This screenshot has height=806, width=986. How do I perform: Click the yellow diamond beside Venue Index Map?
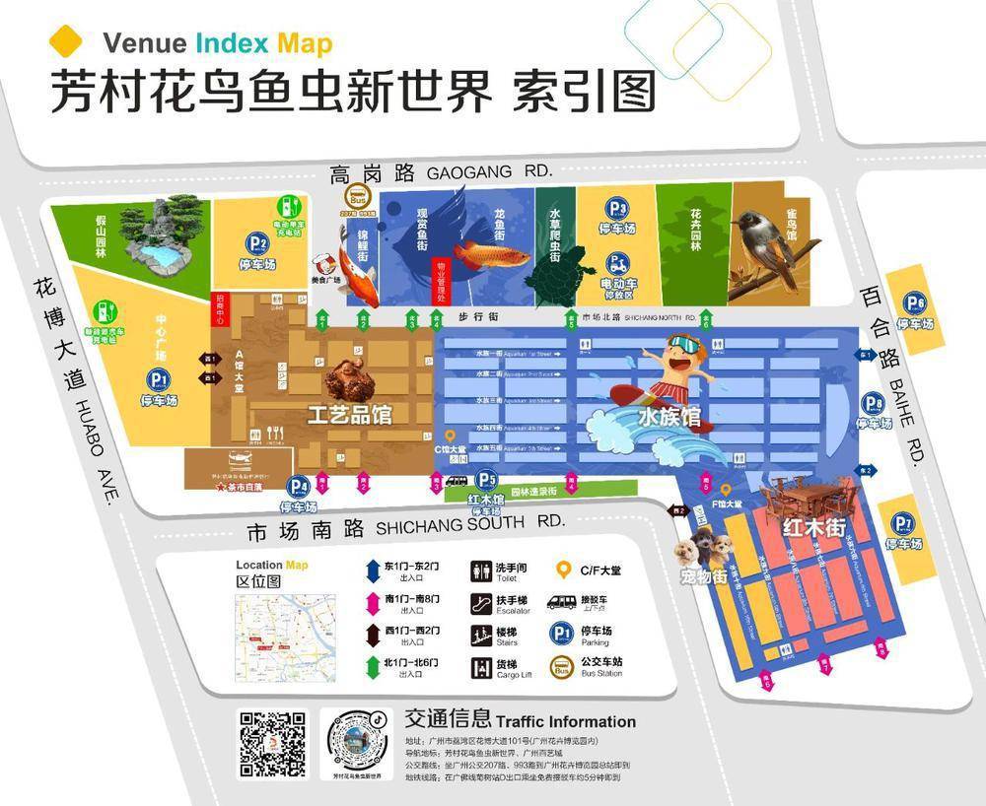click(66, 42)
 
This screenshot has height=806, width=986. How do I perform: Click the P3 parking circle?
click(617, 209)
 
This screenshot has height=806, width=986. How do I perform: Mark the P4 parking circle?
click(299, 487)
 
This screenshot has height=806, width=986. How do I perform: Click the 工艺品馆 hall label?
click(349, 415)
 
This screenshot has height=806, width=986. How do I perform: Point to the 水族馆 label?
click(669, 418)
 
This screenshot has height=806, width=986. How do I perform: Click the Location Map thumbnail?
click(272, 632)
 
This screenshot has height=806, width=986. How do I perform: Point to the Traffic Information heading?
click(520, 721)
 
